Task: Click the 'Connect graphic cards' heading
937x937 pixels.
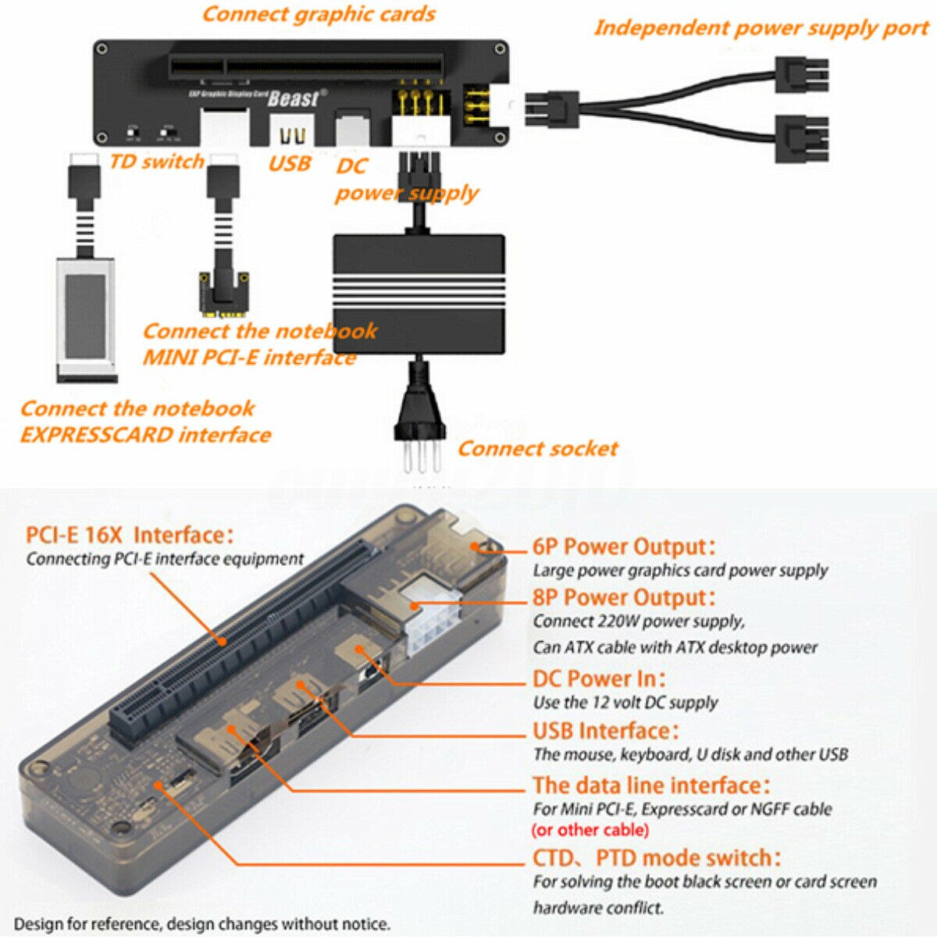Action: [x=319, y=14]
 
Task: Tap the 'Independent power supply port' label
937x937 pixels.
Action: [x=761, y=28]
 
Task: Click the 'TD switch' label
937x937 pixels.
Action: [x=157, y=162]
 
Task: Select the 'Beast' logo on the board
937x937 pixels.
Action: [x=294, y=98]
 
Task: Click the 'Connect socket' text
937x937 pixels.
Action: [x=537, y=448]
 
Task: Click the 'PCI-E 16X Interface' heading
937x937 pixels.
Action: [x=129, y=536]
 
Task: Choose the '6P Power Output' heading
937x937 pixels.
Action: [x=623, y=547]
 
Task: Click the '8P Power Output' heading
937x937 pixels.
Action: [x=623, y=597]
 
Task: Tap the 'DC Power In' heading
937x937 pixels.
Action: [x=599, y=679]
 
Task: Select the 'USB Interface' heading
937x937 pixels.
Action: [x=605, y=731]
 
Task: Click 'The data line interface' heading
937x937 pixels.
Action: [x=650, y=785]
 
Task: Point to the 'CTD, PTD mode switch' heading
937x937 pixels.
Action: [x=656, y=857]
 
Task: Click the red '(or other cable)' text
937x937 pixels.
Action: [x=590, y=830]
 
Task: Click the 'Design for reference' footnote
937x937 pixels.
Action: [x=201, y=925]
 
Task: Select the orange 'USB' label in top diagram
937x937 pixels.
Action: [x=290, y=163]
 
